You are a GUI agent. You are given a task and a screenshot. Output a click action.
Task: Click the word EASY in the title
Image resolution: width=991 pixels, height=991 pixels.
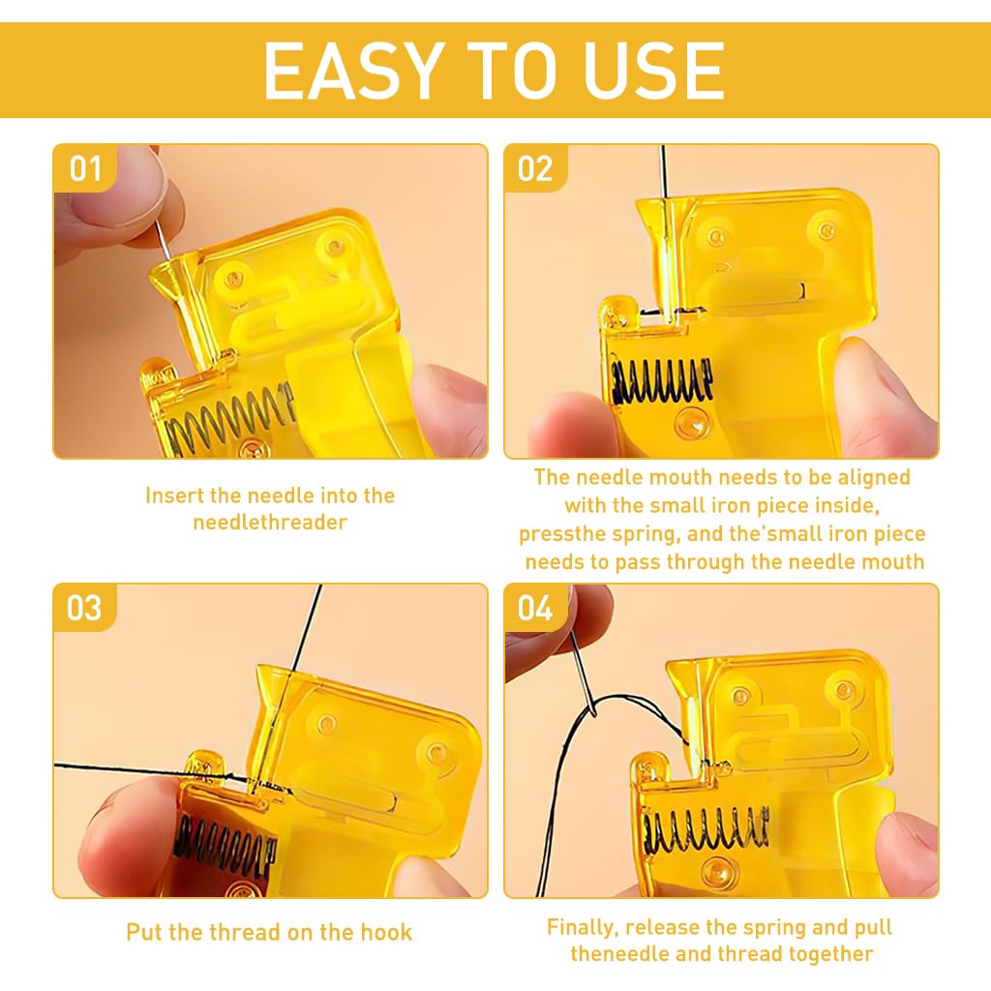coord(349,70)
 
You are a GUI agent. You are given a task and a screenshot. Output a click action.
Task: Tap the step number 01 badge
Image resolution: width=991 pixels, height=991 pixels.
coord(85,168)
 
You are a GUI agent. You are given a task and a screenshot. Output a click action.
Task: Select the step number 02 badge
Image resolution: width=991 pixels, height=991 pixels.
coord(535,168)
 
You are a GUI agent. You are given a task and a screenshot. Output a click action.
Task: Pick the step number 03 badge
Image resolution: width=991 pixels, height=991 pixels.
coord(84,608)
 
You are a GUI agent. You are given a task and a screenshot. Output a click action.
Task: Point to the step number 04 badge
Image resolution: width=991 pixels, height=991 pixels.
coord(535,608)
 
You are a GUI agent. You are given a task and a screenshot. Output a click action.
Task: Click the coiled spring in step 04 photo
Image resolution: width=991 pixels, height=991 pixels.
coord(706,830)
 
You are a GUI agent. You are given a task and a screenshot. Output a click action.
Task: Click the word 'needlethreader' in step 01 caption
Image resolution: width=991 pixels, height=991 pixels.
coord(270,523)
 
